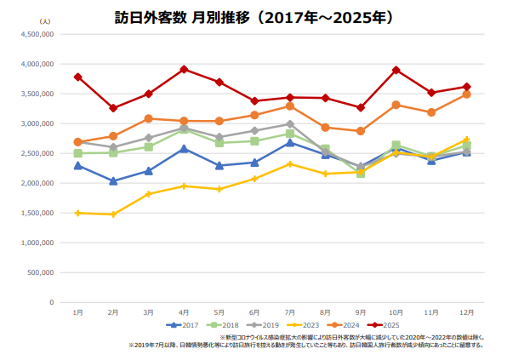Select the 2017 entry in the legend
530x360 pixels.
tap(183, 324)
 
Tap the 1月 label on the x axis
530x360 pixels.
tap(77, 312)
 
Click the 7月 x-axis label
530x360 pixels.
tap(290, 312)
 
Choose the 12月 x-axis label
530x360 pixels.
tap(467, 312)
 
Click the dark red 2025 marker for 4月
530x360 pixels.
tap(184, 69)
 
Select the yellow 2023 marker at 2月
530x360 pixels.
tap(113, 214)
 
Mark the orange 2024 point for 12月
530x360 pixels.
tap(467, 94)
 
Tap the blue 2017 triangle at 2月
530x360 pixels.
tap(113, 180)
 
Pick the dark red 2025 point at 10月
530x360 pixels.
tap(396, 70)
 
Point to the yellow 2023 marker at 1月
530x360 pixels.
tap(77, 213)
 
